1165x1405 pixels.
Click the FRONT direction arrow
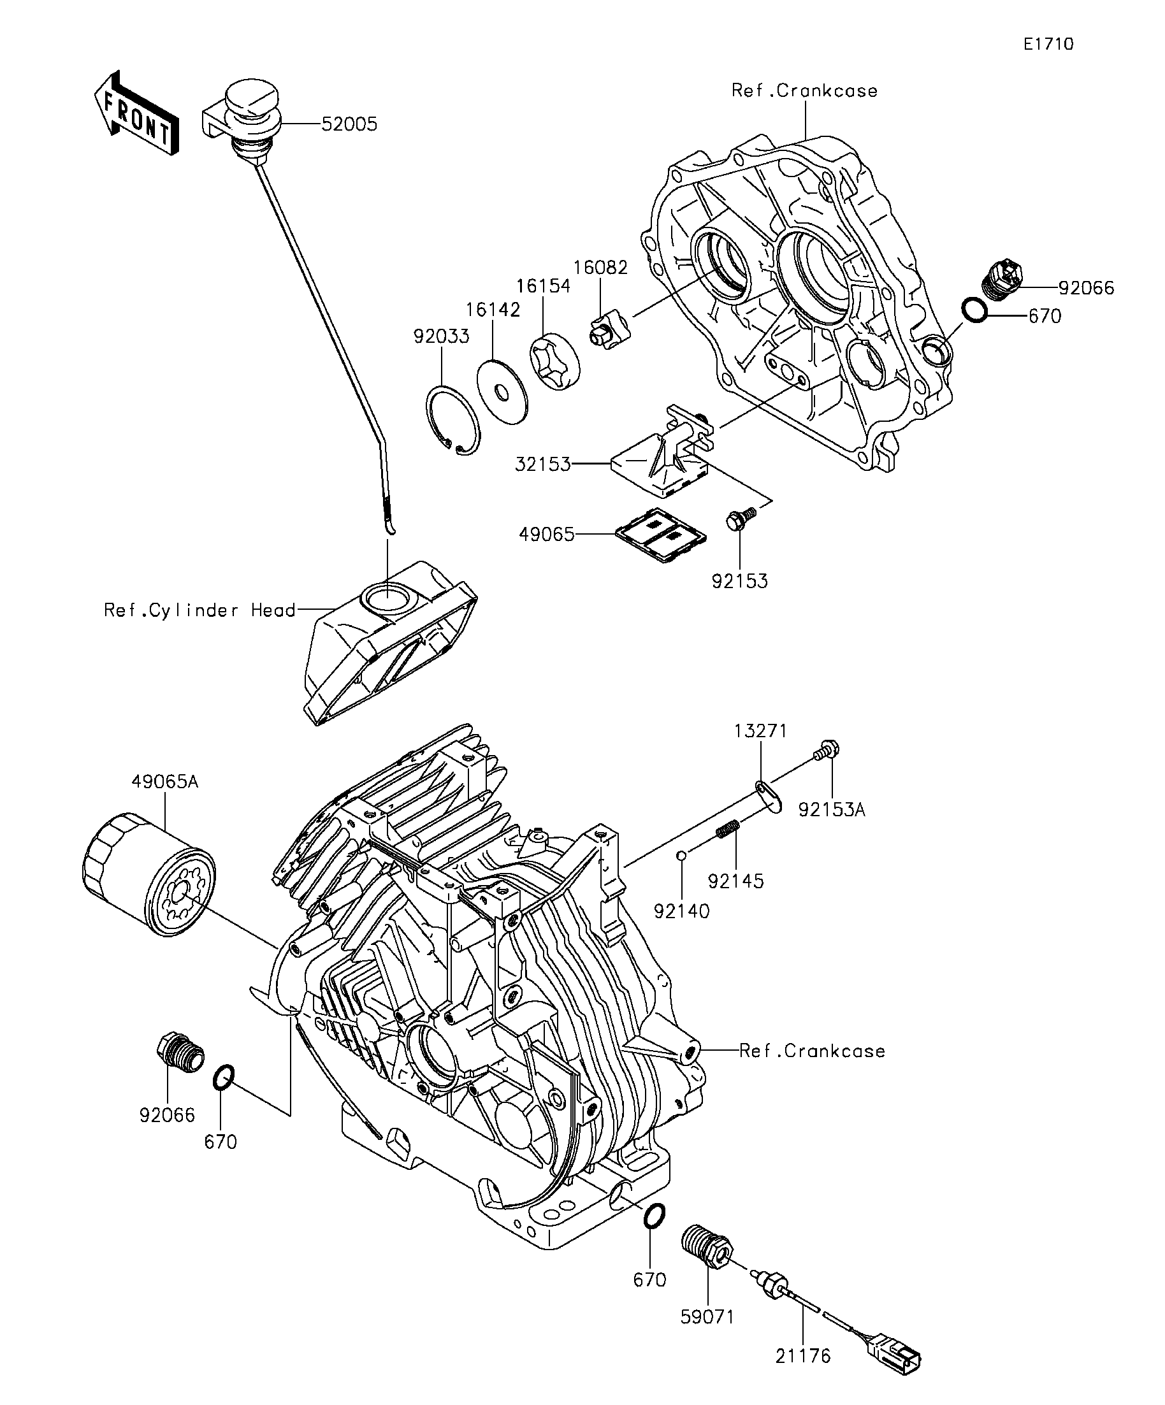(136, 113)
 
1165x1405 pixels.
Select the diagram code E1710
(1048, 44)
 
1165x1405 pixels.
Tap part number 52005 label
(349, 124)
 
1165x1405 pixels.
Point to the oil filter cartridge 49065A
(148, 874)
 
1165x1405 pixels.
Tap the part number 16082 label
(600, 268)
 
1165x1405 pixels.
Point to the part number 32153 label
(543, 464)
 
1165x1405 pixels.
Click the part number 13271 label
(760, 731)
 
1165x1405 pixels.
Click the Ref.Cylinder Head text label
(199, 610)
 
